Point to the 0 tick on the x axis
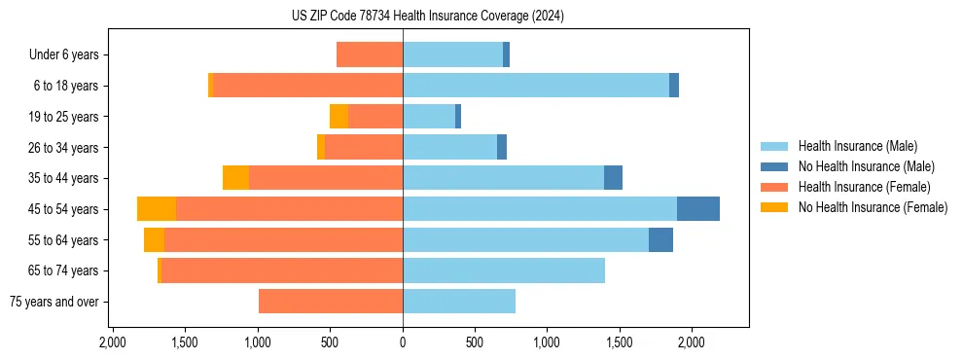coord(403,342)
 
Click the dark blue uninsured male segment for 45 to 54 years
coord(698,209)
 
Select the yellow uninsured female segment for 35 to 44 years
coord(235,178)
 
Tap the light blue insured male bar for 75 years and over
coord(459,302)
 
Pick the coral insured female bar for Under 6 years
coord(370,54)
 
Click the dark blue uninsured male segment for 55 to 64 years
coord(660,240)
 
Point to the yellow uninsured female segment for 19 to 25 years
coord(339,117)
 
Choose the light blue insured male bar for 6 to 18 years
coord(536,86)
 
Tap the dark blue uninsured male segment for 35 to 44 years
coord(613,178)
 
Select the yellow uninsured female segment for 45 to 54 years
coord(157,209)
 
